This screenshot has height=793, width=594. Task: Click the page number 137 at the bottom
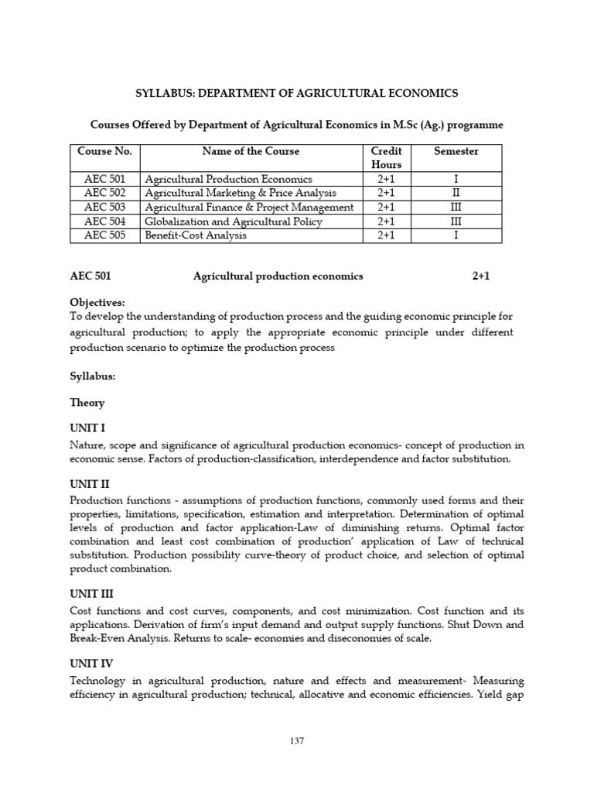pos(297,740)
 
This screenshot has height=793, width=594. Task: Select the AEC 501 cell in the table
pos(104,179)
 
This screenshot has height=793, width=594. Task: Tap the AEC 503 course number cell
pos(104,207)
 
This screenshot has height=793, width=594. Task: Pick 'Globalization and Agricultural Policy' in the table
pos(234,221)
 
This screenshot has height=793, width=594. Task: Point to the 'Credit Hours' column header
pos(386,158)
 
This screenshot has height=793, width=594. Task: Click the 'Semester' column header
pos(456,152)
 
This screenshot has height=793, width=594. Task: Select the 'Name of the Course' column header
pos(251,152)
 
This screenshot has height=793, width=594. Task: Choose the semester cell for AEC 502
pos(456,193)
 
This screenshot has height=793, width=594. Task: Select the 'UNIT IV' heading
pos(92,663)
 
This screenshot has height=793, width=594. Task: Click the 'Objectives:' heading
pos(97,302)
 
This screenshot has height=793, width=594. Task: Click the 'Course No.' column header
pos(104,152)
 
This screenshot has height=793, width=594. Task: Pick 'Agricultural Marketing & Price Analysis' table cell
pos(241,193)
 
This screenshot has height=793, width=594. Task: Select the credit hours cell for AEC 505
pos(386,235)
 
